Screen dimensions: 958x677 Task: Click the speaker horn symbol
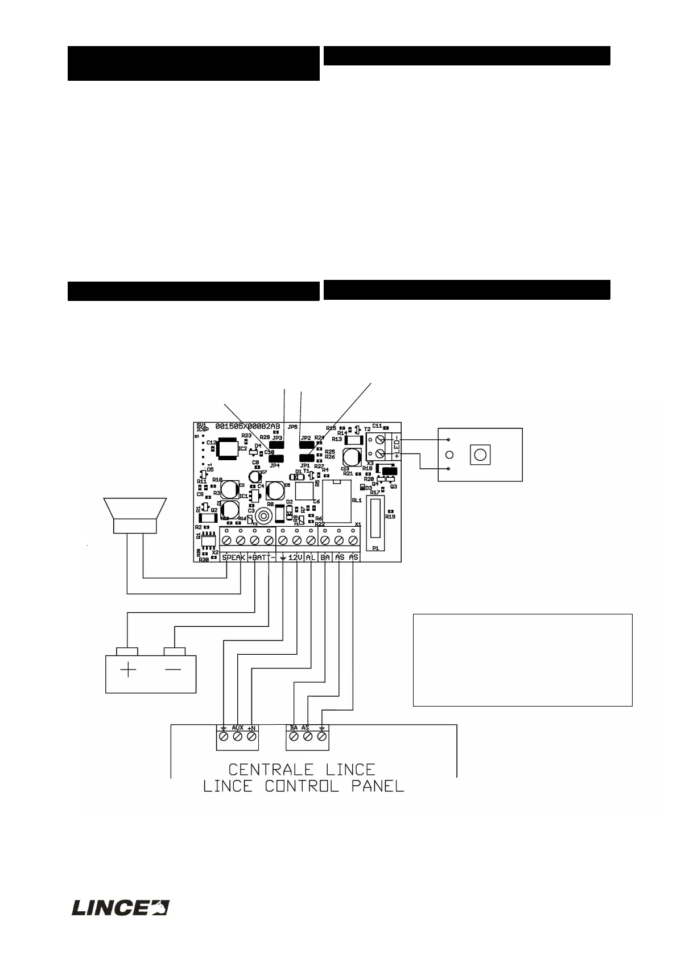(x=135, y=515)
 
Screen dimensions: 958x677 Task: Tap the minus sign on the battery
(x=173, y=670)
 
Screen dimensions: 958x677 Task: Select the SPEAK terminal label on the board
(x=234, y=558)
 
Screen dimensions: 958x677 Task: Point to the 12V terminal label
(x=296, y=558)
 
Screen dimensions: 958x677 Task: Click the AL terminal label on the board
(x=311, y=558)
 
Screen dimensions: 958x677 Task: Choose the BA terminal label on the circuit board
(x=325, y=558)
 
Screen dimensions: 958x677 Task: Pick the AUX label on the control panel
(x=238, y=728)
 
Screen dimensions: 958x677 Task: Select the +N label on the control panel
(x=252, y=728)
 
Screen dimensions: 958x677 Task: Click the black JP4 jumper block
(x=276, y=458)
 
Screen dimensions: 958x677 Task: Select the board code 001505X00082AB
(x=247, y=427)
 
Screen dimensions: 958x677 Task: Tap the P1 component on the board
(x=375, y=518)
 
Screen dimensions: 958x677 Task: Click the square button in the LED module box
(x=480, y=455)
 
